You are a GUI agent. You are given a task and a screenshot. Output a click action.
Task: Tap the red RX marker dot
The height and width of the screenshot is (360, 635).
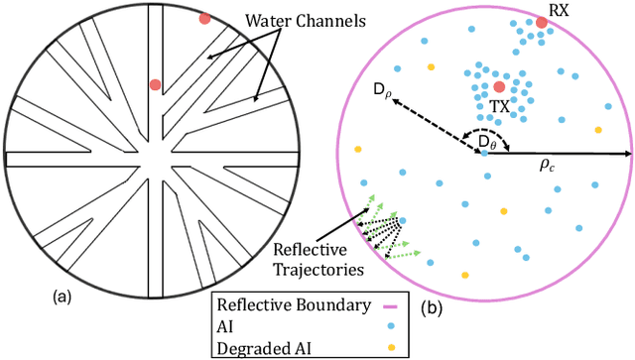[x=542, y=21]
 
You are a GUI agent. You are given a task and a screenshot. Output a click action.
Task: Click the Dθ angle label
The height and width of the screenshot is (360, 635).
[x=485, y=142]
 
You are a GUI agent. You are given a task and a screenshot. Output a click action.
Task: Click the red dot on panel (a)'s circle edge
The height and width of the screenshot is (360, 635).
[x=204, y=18]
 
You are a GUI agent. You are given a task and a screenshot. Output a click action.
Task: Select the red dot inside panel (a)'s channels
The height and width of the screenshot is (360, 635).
[x=155, y=84]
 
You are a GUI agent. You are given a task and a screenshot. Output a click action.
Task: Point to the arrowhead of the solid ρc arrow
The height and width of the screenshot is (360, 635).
[x=628, y=154]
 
